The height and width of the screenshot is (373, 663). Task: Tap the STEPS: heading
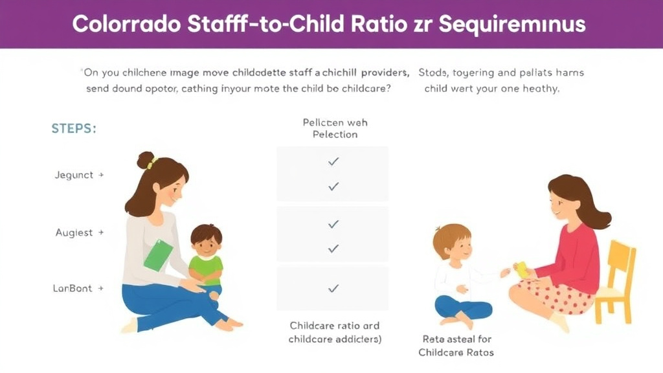click(73, 128)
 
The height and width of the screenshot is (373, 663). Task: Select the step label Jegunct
click(74, 175)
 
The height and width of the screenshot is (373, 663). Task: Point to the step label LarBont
click(73, 288)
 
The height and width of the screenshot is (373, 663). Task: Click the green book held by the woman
click(158, 255)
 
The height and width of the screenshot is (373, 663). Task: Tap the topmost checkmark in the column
click(333, 161)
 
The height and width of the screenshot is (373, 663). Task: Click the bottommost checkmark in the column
click(333, 288)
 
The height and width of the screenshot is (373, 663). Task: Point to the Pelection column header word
click(335, 135)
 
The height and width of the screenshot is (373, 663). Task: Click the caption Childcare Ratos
click(456, 352)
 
